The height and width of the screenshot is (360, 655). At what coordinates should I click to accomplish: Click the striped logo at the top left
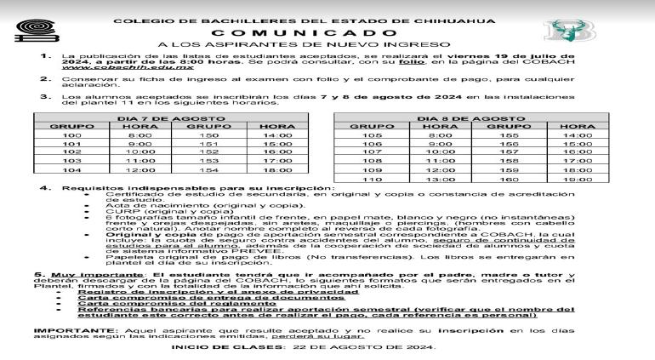26,31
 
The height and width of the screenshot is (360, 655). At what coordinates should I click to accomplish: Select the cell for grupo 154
208,170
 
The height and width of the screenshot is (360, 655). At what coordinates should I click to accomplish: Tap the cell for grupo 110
372,180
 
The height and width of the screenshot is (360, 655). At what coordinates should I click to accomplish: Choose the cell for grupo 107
372,146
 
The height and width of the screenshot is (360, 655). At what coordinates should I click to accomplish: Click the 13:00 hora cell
436,180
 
